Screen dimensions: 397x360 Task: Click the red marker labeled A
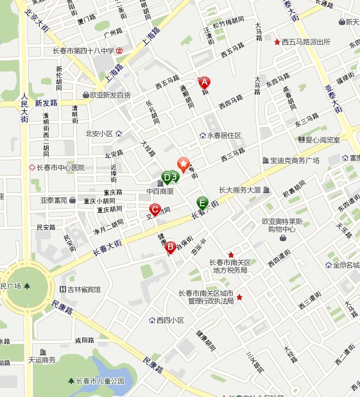[x=205, y=82]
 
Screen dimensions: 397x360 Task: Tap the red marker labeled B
[x=171, y=246]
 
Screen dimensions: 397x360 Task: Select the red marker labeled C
[x=155, y=209]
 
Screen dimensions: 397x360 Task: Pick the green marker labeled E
[x=202, y=203]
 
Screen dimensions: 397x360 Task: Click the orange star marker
[x=184, y=164]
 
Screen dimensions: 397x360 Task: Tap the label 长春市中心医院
[x=61, y=168]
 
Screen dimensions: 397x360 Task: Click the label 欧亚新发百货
[x=110, y=95]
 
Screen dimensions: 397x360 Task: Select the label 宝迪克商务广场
[x=295, y=160]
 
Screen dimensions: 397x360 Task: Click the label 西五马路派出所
[x=305, y=42]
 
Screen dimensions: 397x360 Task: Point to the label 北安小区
[x=99, y=134]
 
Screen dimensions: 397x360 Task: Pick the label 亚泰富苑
[x=54, y=200]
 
